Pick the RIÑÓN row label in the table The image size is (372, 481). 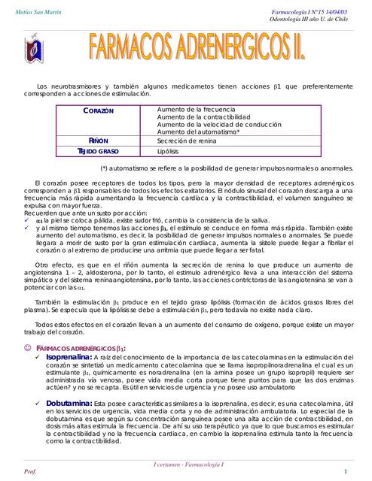(98, 141)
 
